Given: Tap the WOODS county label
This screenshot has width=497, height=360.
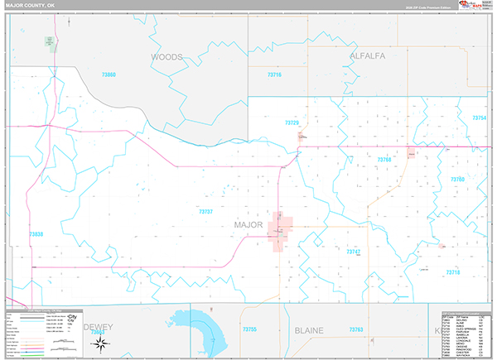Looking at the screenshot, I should click(x=166, y=57).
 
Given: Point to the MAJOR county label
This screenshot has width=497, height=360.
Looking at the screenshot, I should click(x=248, y=224).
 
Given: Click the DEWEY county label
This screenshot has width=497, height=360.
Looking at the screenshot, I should click(x=99, y=328).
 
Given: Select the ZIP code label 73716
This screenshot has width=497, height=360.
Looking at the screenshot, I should click(x=274, y=75).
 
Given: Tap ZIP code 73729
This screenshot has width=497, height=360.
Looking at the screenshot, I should click(x=291, y=122).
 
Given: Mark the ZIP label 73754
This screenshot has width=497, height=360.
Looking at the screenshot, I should click(x=478, y=118).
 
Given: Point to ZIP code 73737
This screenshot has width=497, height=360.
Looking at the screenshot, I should click(x=206, y=211).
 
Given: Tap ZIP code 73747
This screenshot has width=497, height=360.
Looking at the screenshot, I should click(x=354, y=252).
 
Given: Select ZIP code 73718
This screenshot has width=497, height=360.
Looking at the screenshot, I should click(x=452, y=272).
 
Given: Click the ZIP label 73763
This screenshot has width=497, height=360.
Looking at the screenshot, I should click(x=356, y=330).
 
